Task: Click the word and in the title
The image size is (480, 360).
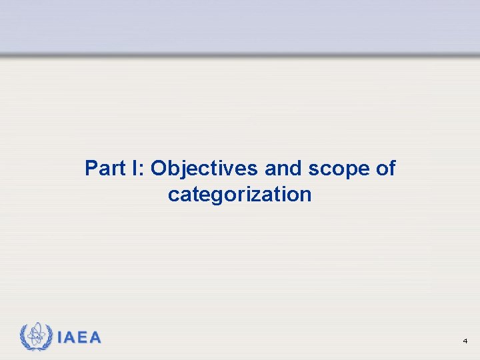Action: [283, 168]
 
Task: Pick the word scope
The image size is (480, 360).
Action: [337, 169]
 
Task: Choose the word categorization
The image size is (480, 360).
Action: [239, 195]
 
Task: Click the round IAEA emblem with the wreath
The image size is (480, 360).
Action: [36, 337]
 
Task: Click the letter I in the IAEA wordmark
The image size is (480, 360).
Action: [61, 337]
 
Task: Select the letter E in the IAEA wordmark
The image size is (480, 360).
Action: [83, 337]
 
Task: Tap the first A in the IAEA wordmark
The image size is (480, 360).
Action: [71, 337]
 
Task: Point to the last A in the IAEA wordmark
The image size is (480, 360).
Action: [95, 337]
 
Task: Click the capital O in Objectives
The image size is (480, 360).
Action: [160, 168]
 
